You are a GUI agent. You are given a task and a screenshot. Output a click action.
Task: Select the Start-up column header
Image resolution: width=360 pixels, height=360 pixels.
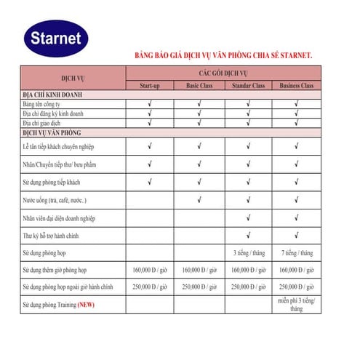150,87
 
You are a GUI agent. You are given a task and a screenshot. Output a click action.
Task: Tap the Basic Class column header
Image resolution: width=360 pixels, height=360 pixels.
199,87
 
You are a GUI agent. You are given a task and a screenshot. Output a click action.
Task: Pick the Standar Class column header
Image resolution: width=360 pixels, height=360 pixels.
247,87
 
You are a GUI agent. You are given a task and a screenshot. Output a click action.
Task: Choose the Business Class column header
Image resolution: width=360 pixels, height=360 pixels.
296,87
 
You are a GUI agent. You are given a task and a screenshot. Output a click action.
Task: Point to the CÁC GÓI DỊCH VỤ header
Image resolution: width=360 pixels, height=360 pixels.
224,73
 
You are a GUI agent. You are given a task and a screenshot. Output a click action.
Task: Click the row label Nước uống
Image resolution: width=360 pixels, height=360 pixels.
55,200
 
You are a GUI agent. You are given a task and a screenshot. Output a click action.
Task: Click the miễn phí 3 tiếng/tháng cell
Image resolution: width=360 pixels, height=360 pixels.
296,304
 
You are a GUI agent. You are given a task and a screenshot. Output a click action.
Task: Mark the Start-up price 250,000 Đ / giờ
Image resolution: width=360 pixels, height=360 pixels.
150,287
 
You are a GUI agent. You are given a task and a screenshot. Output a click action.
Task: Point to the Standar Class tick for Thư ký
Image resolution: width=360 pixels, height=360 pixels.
248,235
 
